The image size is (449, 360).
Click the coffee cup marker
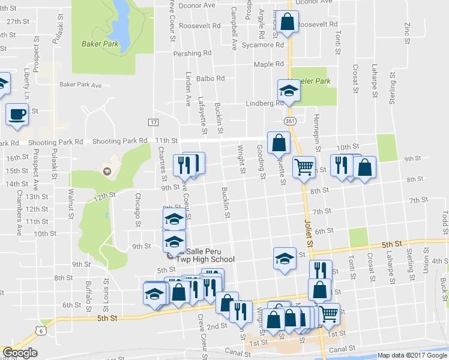pos(17,113)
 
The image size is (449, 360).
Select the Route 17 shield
pos(153,122)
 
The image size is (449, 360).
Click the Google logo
pos(20,353)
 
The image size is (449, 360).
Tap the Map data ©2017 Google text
pos(411,355)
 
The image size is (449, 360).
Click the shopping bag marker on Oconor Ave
pos(288,23)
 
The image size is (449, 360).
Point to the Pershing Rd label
pos(192,53)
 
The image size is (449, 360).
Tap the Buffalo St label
pos(88,293)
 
